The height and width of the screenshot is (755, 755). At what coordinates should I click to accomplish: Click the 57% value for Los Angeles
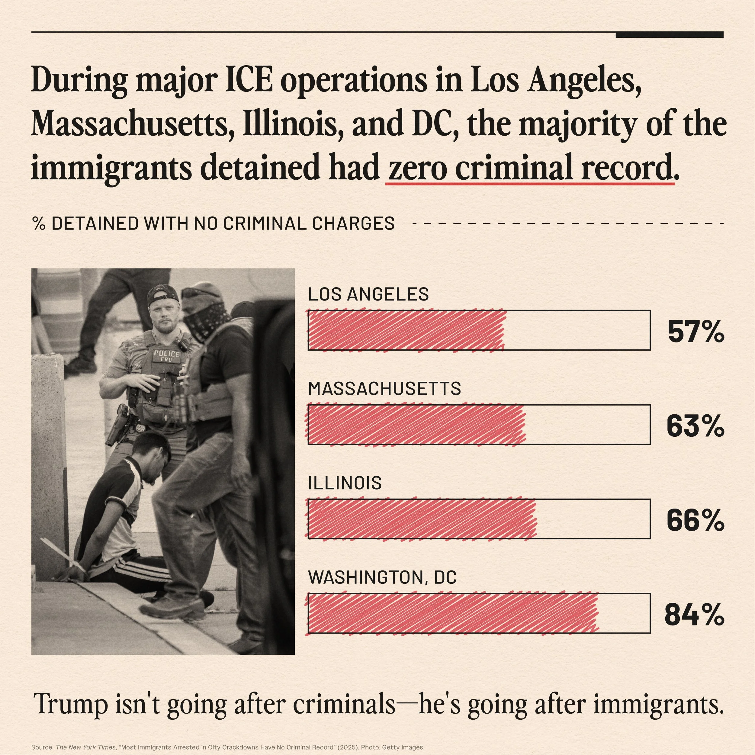(696, 332)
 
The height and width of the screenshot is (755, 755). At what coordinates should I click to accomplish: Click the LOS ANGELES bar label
(368, 294)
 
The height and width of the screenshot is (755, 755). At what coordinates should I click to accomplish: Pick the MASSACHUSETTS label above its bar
(384, 388)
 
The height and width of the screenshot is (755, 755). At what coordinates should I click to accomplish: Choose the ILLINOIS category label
(345, 483)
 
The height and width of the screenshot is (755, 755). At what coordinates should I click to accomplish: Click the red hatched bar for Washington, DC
(452, 613)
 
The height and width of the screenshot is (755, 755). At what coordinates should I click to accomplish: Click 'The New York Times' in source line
(85, 747)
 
